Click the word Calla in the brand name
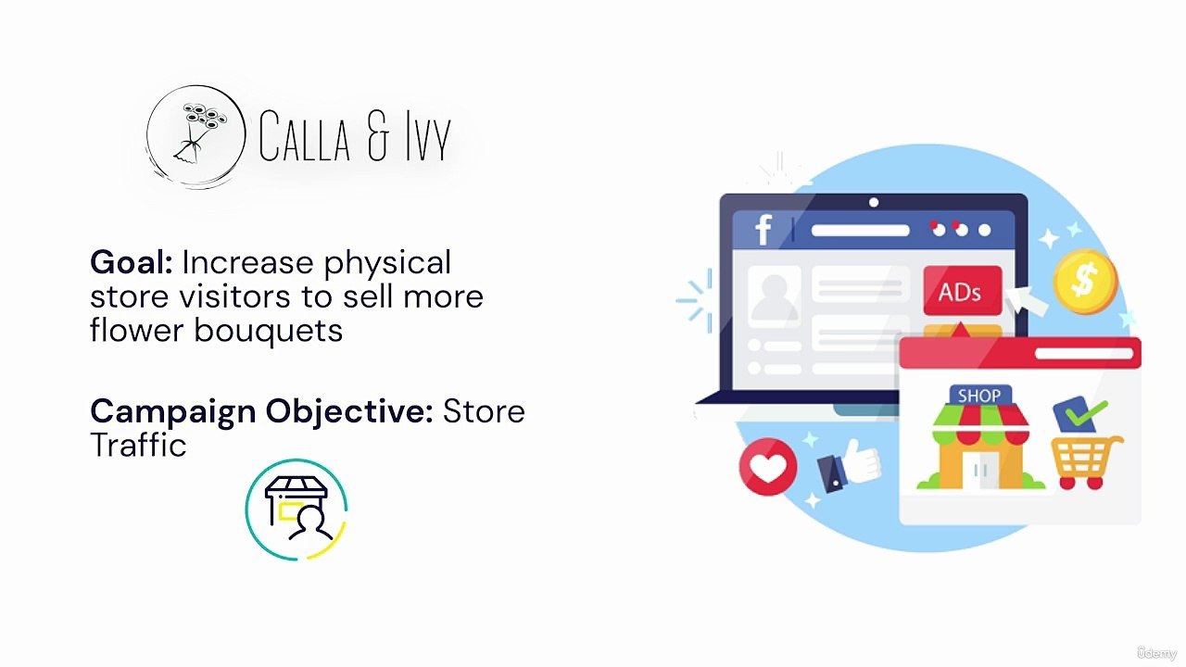tap(305, 137)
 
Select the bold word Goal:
tap(131, 263)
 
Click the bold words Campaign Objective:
tap(261, 411)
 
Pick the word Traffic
tap(138, 446)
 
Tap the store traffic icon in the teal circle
tap(296, 510)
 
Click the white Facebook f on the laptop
tap(763, 229)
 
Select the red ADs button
tap(962, 293)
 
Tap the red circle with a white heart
tap(768, 467)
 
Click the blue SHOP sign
tap(979, 396)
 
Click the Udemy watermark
tap(1155, 653)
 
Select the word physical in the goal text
tap(386, 263)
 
